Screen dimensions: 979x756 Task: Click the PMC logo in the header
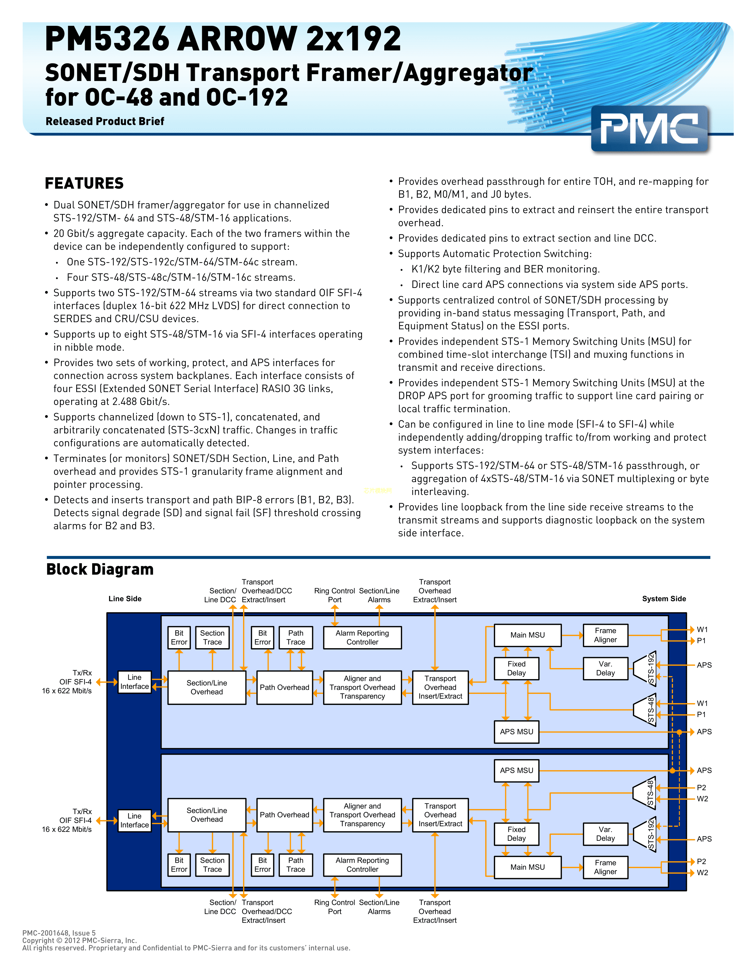(649, 129)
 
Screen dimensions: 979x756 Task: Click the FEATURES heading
(84, 183)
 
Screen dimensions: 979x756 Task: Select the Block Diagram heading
(100, 569)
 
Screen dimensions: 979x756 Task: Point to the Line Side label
(125, 599)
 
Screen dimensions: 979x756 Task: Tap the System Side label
(664, 599)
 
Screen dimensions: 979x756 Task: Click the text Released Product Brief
(105, 121)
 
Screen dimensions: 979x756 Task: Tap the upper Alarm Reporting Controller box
(362, 638)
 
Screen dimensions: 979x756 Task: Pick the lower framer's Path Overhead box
(284, 815)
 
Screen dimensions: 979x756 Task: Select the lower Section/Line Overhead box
(206, 815)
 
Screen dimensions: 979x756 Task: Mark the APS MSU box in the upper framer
(516, 732)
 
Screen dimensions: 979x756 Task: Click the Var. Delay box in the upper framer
(605, 668)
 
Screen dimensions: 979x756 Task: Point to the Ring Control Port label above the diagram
(334, 595)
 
